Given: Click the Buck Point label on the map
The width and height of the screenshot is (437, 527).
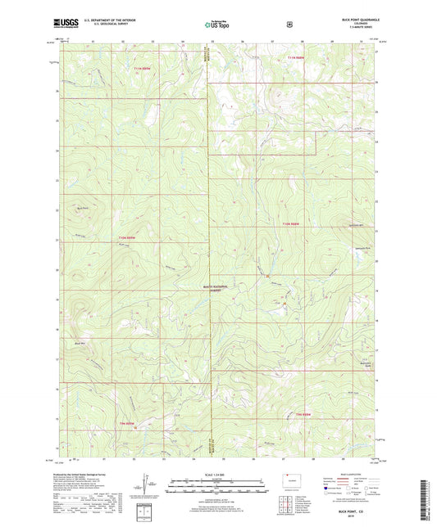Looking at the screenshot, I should (80, 209).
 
